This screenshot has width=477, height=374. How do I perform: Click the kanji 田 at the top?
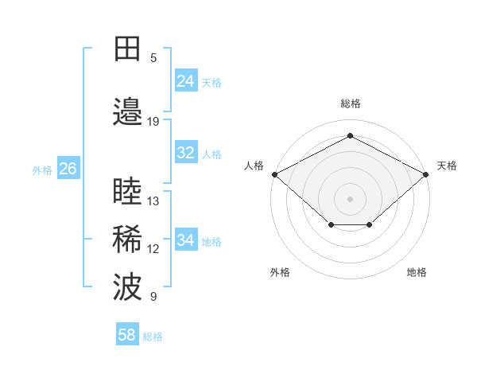pos(127,49)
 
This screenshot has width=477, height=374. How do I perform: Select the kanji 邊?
pos(127,111)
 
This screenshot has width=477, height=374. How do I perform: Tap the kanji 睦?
pos(127,191)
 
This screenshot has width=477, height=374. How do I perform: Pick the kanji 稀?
pos(127,239)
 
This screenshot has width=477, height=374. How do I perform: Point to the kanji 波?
pos(127,286)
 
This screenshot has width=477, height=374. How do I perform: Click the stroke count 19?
pos(153,122)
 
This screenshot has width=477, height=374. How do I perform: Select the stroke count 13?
pos(153,201)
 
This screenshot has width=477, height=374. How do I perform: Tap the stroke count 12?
pos(153,249)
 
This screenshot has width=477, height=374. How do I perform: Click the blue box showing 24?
pos(186,80)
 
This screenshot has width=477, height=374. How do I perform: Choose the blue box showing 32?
pos(186,152)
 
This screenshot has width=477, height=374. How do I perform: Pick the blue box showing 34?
pos(186,239)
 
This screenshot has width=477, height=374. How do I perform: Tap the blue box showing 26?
pos(68,168)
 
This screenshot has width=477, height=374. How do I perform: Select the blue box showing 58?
pos(127,333)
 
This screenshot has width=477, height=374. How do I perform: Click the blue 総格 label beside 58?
pos(153,337)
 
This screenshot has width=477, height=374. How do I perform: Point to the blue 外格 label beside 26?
pos(42,170)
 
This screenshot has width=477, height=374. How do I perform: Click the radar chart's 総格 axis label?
pos(351,103)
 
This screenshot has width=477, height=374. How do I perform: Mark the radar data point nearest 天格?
pos(425,174)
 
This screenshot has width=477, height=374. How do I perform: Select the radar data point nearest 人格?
pos(275,174)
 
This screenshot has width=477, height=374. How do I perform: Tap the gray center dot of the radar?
pos(350,199)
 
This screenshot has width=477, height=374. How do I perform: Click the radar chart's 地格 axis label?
pos(417,272)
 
